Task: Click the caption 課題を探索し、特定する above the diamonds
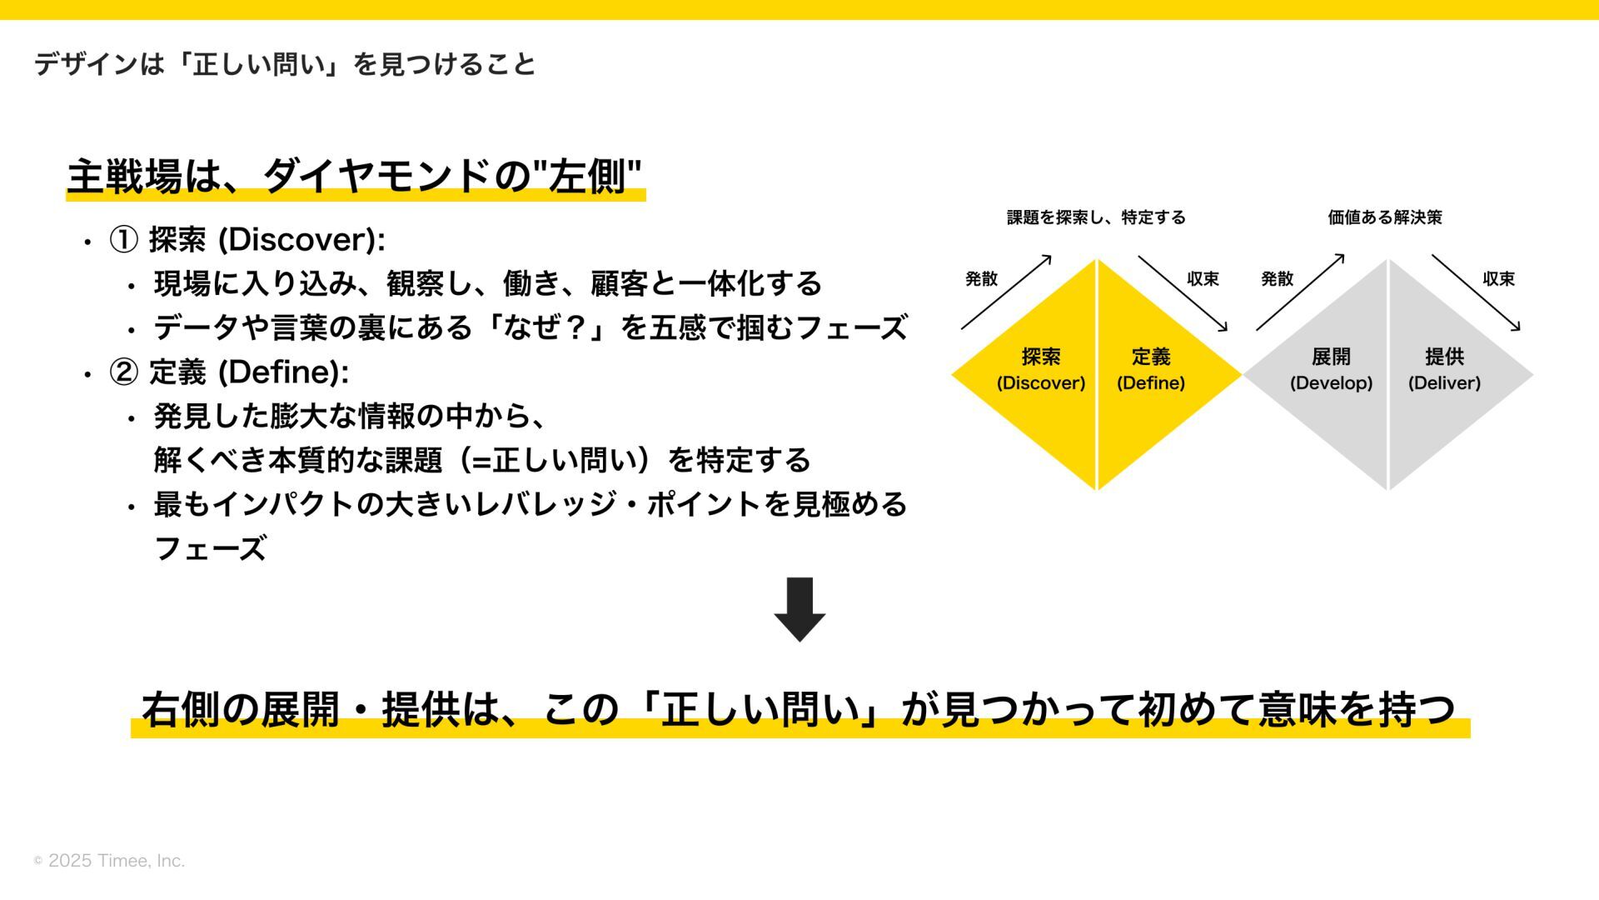[1096, 217]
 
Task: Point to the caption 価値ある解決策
[1385, 217]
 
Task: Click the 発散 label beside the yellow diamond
[981, 279]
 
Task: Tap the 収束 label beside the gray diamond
[1498, 279]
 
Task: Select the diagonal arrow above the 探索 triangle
[1006, 292]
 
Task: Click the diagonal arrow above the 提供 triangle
[1476, 292]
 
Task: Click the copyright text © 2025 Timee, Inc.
[109, 861]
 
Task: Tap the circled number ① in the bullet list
[124, 240]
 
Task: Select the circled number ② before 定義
[124, 372]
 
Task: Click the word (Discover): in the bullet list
[301, 240]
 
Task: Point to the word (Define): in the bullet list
[283, 372]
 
